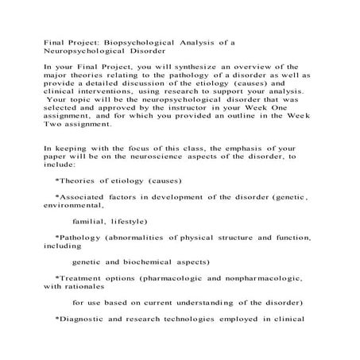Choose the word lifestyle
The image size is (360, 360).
tap(122, 222)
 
